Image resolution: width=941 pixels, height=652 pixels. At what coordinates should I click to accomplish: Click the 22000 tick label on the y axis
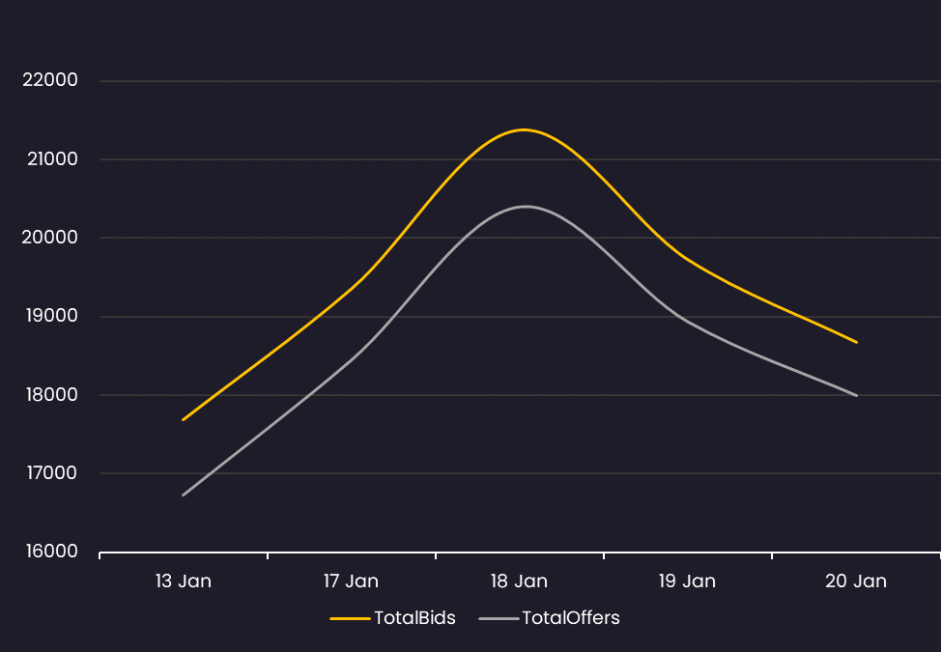point(49,80)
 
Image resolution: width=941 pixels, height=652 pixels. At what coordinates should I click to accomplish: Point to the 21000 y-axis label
point(49,158)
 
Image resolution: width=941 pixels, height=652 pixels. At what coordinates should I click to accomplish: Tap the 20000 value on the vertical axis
point(49,238)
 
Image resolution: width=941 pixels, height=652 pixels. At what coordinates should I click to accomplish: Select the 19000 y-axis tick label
point(49,316)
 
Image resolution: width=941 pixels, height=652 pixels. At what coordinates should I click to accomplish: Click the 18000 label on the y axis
point(49,395)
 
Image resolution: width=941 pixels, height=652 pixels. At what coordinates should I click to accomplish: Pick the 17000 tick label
point(49,473)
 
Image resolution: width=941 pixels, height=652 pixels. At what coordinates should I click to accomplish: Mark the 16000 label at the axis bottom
point(49,552)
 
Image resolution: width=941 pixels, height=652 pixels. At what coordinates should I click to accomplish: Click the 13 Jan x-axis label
point(183,581)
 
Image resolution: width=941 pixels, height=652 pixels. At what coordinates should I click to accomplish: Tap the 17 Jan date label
point(351,581)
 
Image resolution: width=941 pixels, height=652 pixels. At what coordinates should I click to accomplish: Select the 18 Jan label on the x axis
point(519,581)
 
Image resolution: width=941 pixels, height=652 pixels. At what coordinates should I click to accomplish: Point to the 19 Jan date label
point(687,581)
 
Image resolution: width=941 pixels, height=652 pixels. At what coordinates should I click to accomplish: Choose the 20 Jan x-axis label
point(856,581)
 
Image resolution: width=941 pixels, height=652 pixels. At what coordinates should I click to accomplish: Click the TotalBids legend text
point(414,618)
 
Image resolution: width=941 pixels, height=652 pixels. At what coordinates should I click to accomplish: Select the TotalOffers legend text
point(571,618)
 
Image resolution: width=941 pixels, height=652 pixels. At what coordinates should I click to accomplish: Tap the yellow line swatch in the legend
point(350,618)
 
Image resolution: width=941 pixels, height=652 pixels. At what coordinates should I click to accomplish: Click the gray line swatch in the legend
point(498,618)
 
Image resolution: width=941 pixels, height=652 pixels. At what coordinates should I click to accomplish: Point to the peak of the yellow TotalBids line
point(524,129)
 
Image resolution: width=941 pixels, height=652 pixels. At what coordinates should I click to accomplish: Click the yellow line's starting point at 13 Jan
point(183,419)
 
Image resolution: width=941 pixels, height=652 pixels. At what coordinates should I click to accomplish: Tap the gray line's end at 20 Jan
point(856,395)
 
